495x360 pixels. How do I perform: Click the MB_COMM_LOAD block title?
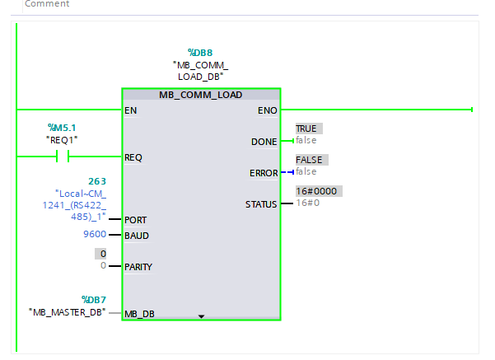(x=200, y=95)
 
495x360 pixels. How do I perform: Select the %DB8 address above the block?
(x=200, y=53)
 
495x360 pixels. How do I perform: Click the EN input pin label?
(x=130, y=110)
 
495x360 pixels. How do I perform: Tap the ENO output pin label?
(x=268, y=110)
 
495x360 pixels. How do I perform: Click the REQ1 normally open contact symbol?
(x=63, y=157)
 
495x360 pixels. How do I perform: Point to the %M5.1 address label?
(x=62, y=128)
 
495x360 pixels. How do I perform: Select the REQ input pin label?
(x=133, y=157)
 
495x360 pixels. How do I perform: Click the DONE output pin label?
(x=264, y=142)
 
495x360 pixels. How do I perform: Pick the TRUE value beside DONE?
(x=306, y=129)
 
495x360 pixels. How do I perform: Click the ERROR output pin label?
(x=264, y=173)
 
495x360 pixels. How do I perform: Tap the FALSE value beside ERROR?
(x=309, y=160)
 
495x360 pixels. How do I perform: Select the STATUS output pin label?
(x=261, y=204)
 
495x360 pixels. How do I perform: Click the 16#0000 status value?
(x=316, y=191)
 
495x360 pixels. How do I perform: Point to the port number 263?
(x=97, y=181)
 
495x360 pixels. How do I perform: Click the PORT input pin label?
(x=135, y=220)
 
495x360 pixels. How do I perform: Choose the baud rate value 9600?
(x=95, y=234)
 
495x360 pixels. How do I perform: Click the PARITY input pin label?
(x=138, y=267)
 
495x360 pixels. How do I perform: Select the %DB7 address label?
(x=94, y=300)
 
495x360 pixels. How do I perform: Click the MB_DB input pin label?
(x=139, y=314)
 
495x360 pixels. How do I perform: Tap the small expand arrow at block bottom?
(x=201, y=316)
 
